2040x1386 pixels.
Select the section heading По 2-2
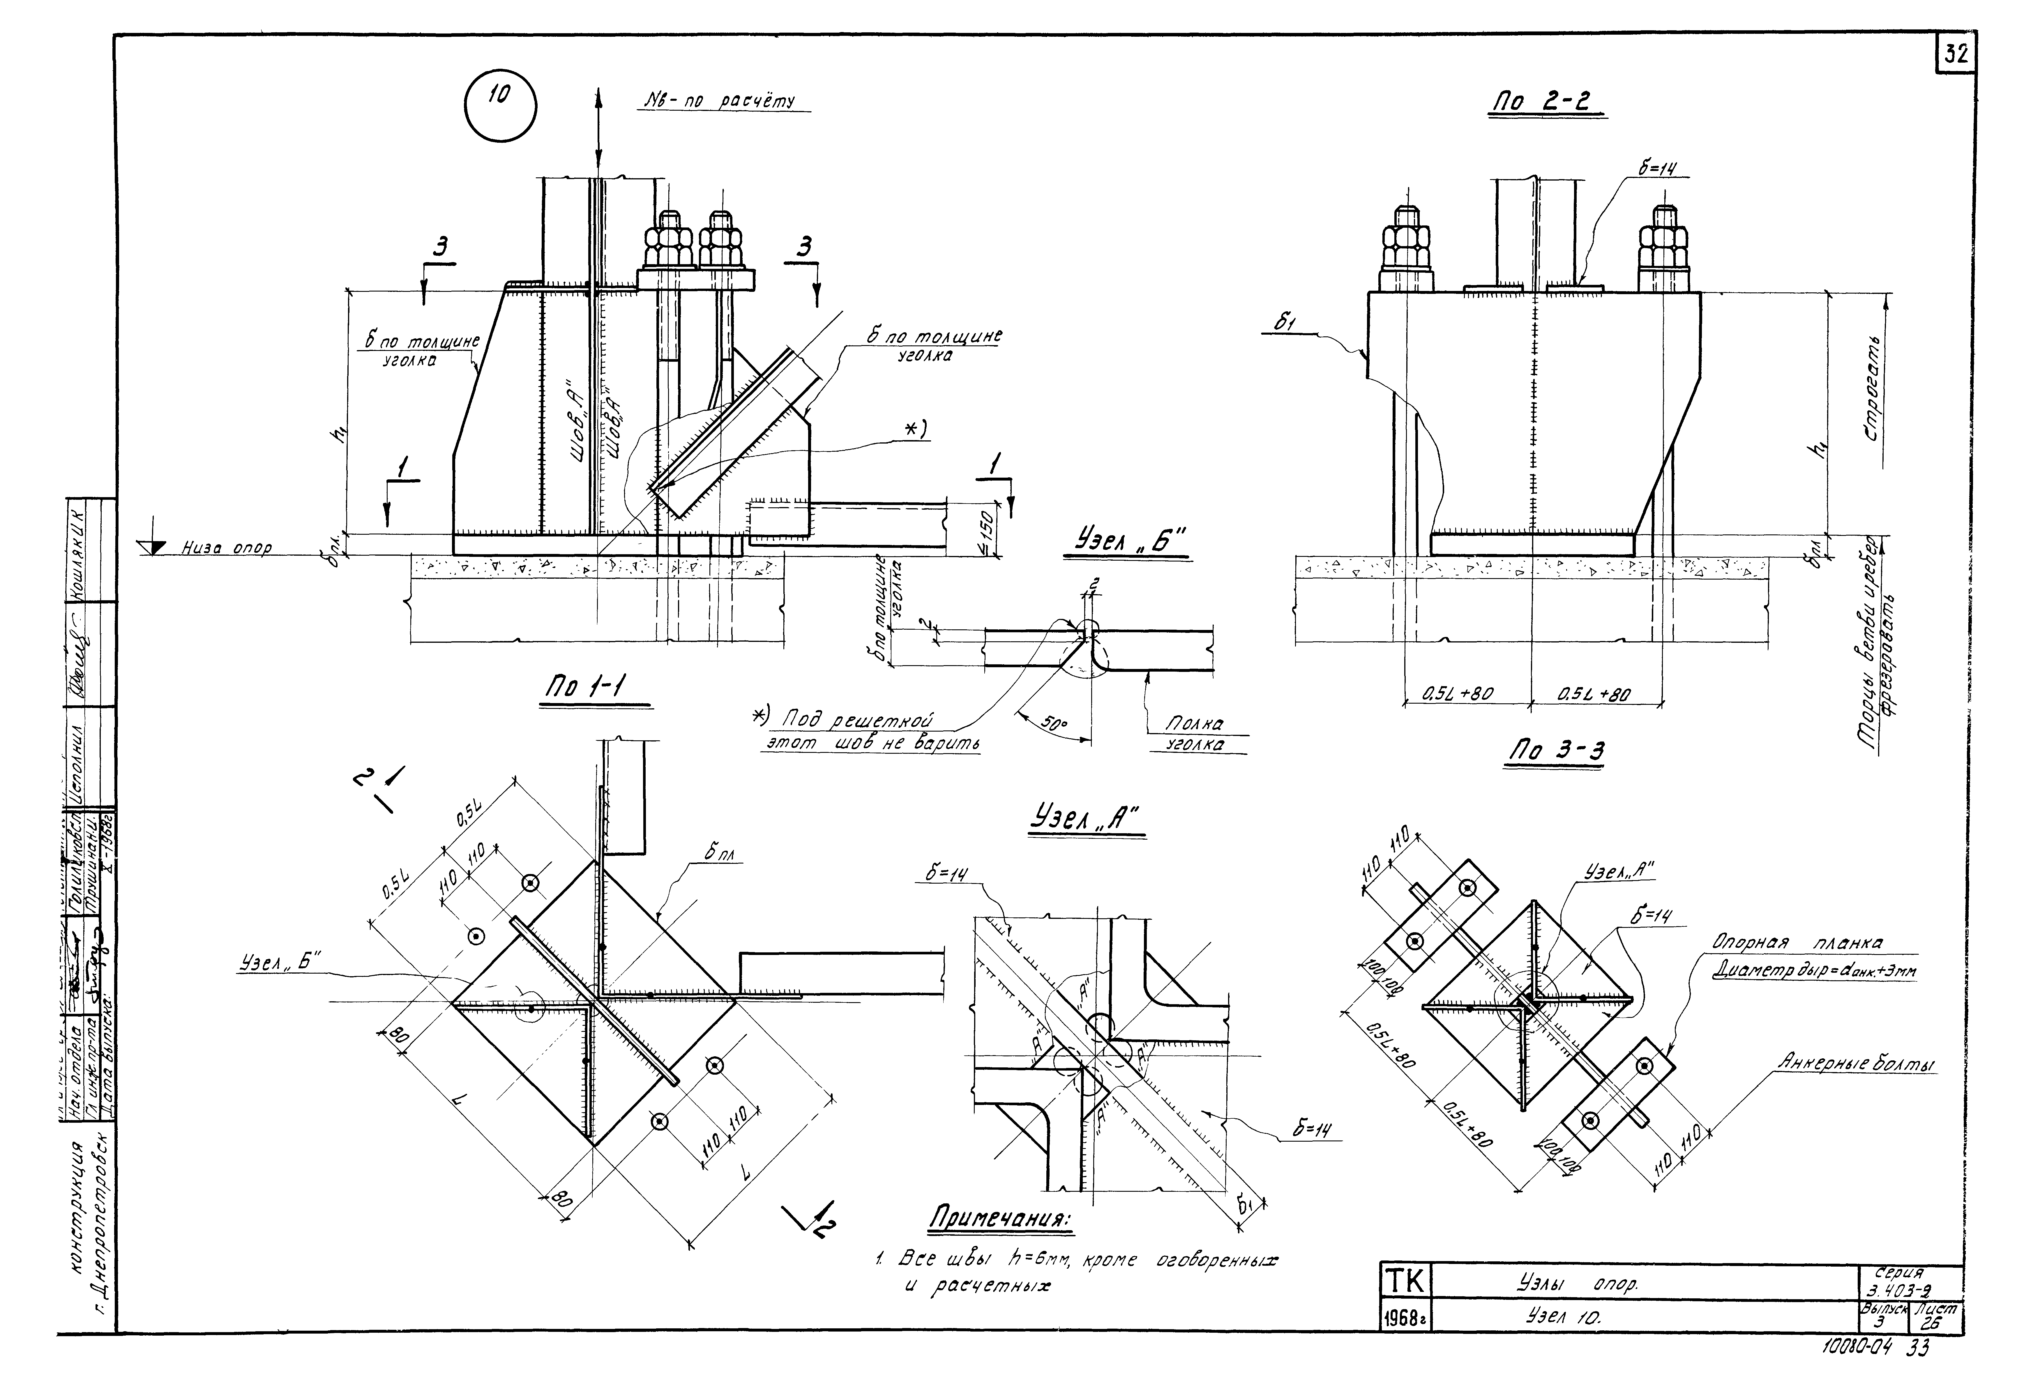(x=1547, y=103)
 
